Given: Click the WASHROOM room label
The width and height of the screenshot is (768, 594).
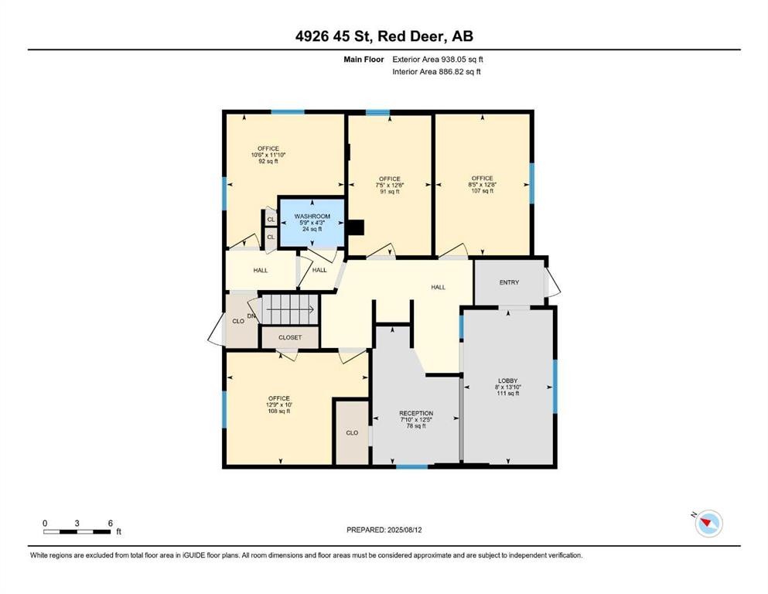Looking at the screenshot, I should (312, 217).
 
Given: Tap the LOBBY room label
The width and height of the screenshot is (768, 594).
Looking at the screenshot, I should (507, 381).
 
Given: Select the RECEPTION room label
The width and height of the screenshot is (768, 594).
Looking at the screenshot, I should (416, 413).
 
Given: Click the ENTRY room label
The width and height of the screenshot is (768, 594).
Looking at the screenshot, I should (509, 282).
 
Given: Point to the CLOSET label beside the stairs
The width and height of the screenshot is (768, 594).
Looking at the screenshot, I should (290, 338).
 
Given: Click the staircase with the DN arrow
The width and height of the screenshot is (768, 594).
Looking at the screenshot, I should (288, 309).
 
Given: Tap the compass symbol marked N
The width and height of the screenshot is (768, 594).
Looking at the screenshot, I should (708, 524).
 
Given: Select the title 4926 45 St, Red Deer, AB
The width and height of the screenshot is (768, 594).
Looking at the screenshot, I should (384, 36).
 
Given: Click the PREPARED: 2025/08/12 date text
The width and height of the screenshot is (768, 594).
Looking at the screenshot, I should (384, 530).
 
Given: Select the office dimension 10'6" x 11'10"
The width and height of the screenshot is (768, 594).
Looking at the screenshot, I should (268, 155).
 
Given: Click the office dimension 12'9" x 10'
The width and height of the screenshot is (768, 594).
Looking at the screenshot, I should (279, 405).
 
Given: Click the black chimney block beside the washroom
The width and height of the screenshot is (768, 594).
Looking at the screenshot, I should (355, 227).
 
